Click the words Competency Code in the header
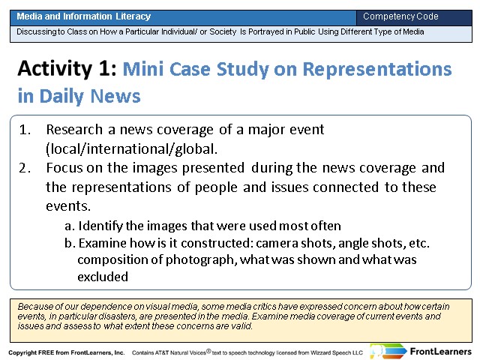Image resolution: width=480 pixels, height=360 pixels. coord(400,16)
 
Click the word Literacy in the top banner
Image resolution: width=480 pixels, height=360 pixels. coord(133,16)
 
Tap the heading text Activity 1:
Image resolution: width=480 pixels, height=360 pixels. coord(67,68)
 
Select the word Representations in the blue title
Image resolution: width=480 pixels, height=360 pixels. coord(377,69)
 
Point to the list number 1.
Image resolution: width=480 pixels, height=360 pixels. coord(25,130)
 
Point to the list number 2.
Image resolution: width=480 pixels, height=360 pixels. coord(25,168)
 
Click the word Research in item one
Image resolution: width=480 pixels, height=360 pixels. coord(74,130)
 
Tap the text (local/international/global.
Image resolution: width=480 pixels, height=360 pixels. coord(132,149)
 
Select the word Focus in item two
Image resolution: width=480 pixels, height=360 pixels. coord(64,168)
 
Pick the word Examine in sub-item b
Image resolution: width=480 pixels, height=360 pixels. coord(103,243)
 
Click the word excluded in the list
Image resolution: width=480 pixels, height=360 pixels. coord(103,277)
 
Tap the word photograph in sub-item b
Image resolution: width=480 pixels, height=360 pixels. coord(202,260)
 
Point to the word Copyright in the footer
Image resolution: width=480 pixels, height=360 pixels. coord(22,352)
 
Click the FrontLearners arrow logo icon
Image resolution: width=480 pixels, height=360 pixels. coord(388,351)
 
